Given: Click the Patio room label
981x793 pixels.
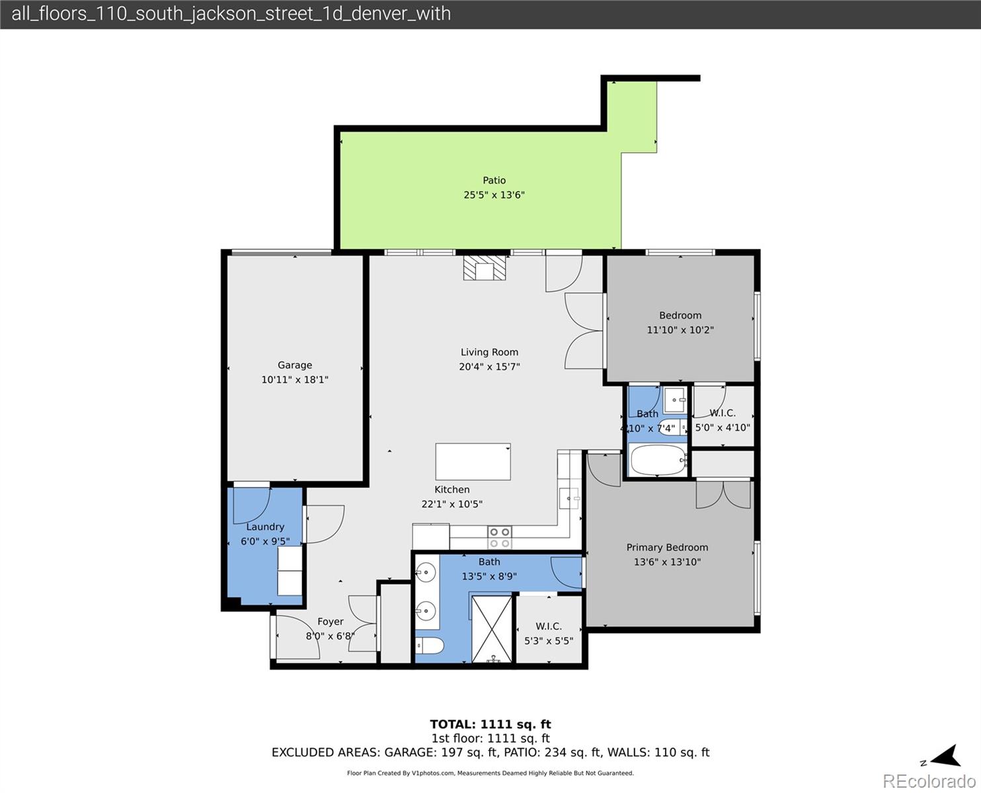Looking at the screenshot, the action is tap(494, 180).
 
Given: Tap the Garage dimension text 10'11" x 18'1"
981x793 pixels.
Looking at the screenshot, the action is tap(295, 380).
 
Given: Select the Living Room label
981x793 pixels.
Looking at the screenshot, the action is tap(489, 352).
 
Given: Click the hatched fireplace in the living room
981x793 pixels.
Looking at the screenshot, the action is tap(485, 268).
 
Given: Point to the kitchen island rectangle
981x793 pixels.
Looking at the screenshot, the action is tap(473, 462).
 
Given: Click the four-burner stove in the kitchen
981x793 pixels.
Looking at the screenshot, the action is tap(500, 537).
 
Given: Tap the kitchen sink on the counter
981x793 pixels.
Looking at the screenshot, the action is tap(569, 498).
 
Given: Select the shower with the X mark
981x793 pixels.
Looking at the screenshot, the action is tap(492, 629).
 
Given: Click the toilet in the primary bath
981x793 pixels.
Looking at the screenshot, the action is tap(429, 646).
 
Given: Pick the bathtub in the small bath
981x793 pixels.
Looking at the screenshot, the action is tap(658, 460).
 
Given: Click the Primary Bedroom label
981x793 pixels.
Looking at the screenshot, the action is tap(667, 547).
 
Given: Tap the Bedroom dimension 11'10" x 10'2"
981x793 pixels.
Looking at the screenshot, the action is tap(680, 330).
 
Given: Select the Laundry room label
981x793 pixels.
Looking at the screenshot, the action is tap(265, 527).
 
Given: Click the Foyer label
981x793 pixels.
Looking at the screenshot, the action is tap(331, 621).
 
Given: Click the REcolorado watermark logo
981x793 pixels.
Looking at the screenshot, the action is tap(929, 781).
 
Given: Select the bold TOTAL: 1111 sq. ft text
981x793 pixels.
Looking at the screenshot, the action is tap(490, 724).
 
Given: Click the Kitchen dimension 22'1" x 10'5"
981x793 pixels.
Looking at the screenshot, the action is tap(451, 504).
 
